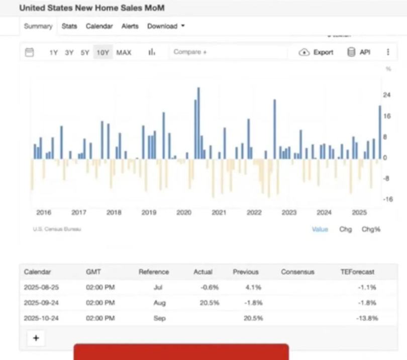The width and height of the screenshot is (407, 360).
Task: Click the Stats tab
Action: coord(69,26)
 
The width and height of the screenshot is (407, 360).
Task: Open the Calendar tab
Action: coord(99,26)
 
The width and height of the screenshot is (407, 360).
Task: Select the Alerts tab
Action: coord(130,26)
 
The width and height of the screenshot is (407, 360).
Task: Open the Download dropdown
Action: coord(166,26)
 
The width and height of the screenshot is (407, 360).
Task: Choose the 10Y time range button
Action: coord(103,52)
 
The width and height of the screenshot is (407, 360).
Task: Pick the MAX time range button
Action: coord(124,52)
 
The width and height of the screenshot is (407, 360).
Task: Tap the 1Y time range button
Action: coord(54,52)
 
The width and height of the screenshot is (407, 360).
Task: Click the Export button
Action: coord(316,52)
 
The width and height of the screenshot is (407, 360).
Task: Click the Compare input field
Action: coord(226,52)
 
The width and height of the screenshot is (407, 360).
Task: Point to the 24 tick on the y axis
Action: coord(387,95)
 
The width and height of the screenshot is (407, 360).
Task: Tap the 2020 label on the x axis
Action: coord(183,212)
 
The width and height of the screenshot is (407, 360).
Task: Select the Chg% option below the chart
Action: coord(371,229)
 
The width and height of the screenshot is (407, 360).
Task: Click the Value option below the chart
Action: coord(320,229)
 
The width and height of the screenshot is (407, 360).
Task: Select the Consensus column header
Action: coord(297,272)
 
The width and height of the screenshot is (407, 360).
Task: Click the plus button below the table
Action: coord(36,338)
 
